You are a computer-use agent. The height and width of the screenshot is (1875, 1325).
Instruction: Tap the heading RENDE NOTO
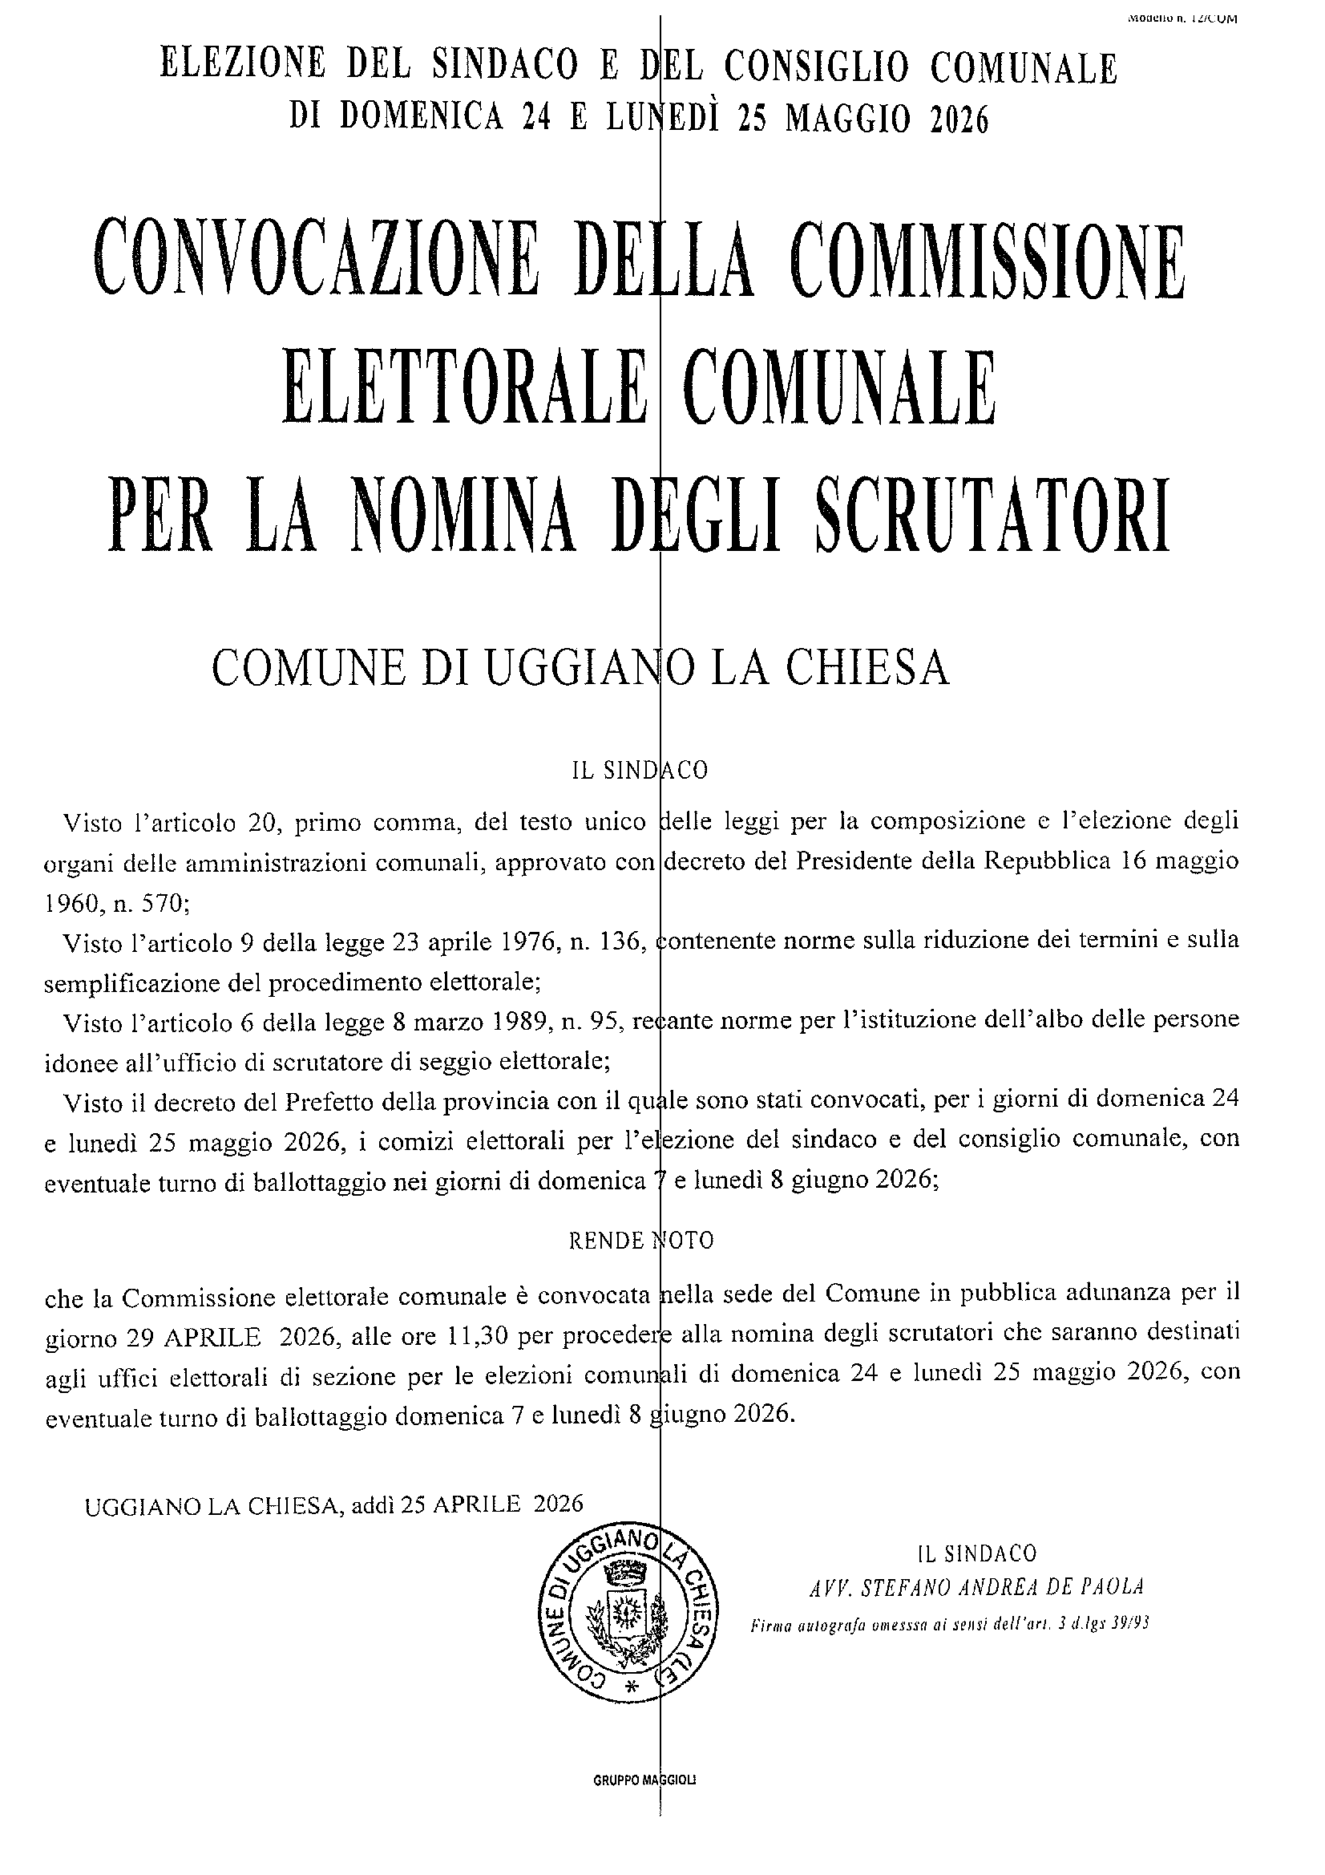coord(642,1241)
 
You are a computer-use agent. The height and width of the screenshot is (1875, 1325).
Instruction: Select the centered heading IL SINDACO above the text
coord(640,770)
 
